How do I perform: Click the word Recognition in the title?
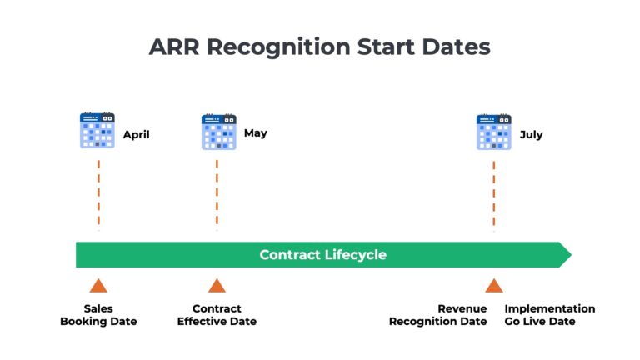pos(279,47)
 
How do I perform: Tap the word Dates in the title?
pos(457,47)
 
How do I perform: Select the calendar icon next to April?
pos(97,131)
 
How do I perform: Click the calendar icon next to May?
pos(218,132)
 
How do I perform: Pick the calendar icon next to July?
pos(493,132)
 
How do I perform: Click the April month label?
pos(137,134)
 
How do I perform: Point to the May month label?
pos(256,132)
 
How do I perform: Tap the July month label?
pos(531,134)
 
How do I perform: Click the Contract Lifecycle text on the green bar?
pos(322,255)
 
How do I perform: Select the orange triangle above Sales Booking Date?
pos(98,286)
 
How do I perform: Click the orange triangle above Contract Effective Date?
pos(217,286)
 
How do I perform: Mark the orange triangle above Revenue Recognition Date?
pos(493,286)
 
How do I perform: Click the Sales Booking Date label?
pos(98,315)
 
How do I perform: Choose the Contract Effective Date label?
pos(217,315)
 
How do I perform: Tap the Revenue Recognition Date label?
pos(438,315)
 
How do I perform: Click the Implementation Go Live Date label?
pos(550,315)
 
